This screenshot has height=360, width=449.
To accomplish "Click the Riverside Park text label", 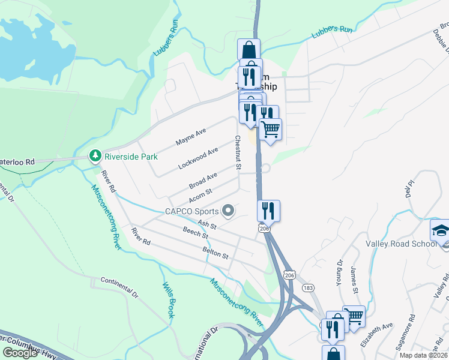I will pos(131,157).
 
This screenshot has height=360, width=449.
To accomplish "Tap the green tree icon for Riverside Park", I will pos(95,156).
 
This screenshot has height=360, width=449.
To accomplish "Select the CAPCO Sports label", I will pos(191,211).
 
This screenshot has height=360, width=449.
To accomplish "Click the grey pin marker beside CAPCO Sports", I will pos(228,211).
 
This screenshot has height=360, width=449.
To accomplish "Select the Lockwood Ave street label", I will pos(198,159).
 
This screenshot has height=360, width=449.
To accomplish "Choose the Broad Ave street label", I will pos(203,180).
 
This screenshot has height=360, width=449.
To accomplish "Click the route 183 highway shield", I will pos(307,288).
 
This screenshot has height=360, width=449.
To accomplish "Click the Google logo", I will pos(20,353).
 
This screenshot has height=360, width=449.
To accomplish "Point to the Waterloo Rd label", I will pos(18,162).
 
